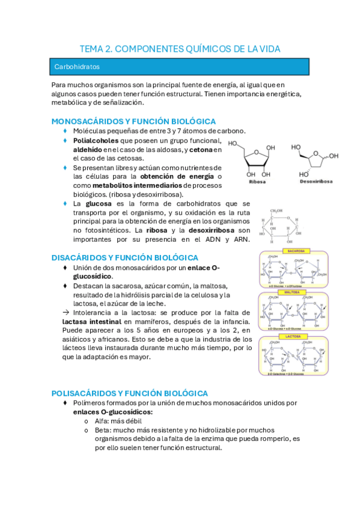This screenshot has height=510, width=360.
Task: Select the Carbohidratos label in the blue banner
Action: (x=77, y=67)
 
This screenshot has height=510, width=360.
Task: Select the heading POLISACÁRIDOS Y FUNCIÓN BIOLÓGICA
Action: (x=130, y=393)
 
